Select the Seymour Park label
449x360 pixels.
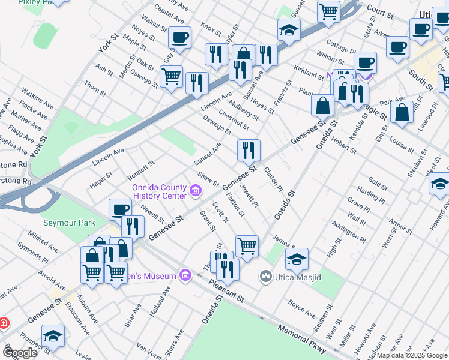(69, 223)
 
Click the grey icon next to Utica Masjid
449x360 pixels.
(265, 276)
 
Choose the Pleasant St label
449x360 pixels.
(227, 291)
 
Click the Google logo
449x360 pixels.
(20, 353)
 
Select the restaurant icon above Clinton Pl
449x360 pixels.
(249, 150)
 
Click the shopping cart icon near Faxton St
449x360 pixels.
(247, 245)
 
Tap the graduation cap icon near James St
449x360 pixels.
(297, 259)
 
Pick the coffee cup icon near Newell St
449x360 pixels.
(120, 209)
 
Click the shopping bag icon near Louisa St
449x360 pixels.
(402, 112)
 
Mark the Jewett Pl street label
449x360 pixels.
(249, 196)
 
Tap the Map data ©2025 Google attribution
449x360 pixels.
(412, 355)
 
